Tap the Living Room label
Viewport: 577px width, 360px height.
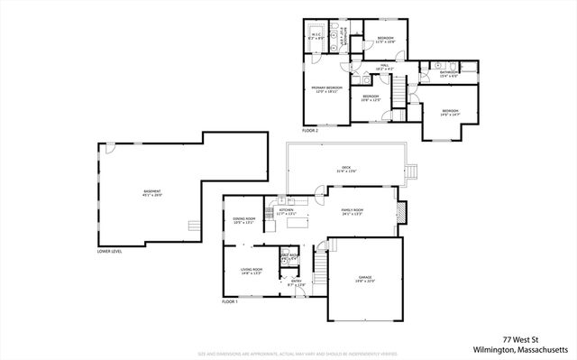pos(251,271)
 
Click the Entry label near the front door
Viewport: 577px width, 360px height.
pos(297,282)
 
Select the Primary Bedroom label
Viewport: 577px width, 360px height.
pos(325,89)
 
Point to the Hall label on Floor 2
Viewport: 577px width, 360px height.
pos(382,66)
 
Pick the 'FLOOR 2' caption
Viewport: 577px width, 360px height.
pos(310,131)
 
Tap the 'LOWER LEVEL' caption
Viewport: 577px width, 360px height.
pos(109,252)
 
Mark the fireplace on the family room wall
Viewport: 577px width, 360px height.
pos(402,213)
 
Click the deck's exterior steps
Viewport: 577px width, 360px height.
pos(413,172)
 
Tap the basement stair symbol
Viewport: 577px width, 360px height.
pos(192,227)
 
